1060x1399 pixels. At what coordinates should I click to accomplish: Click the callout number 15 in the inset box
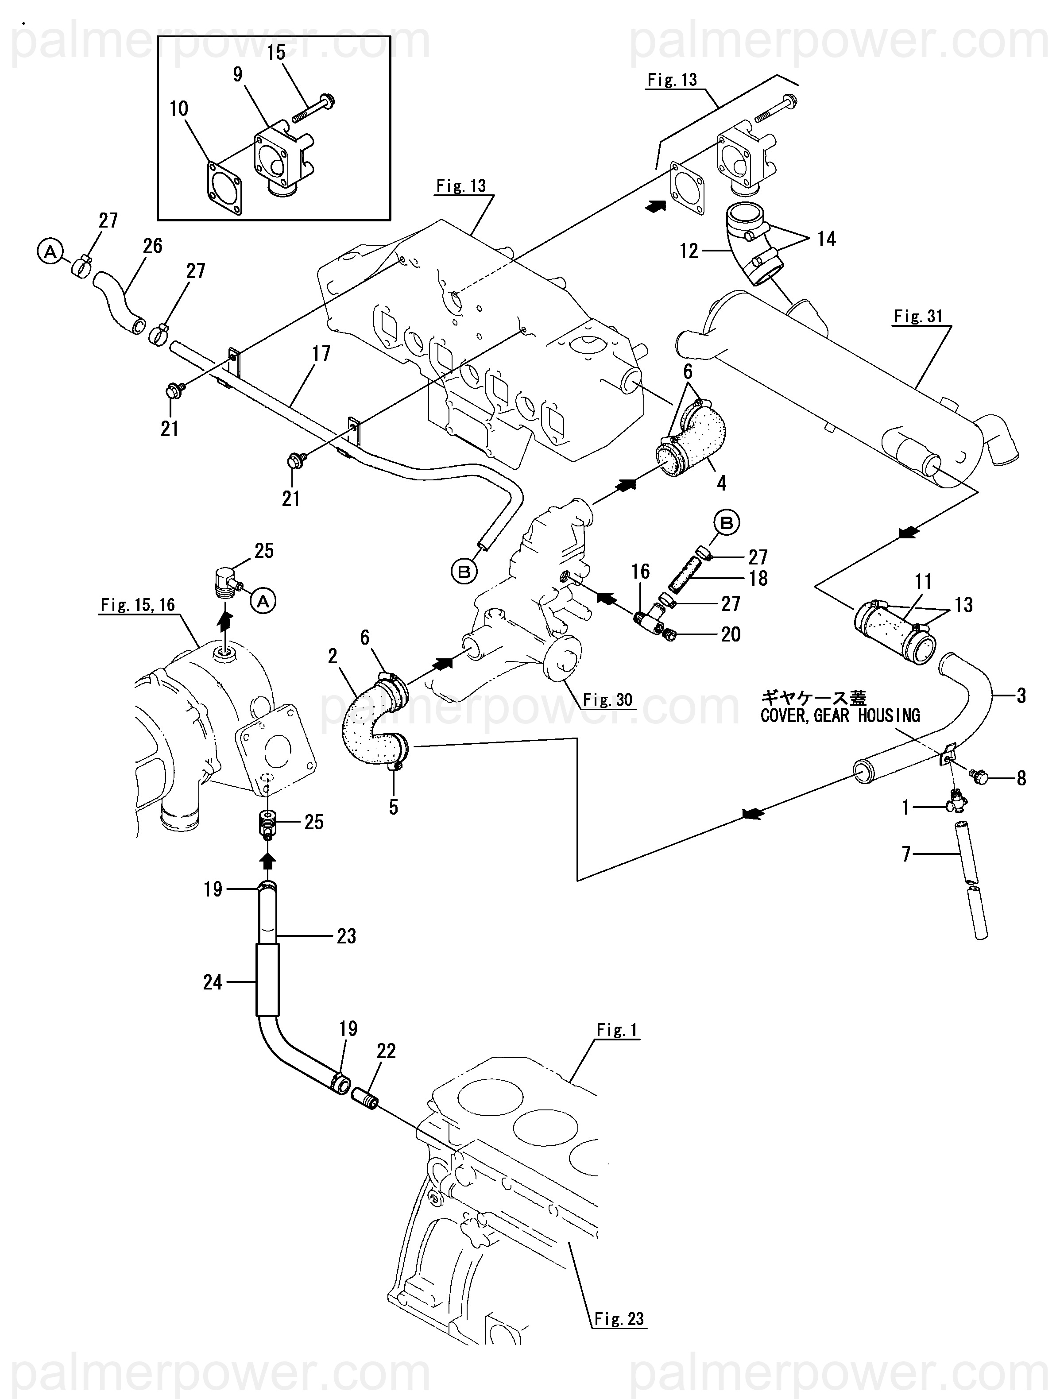pos(276,53)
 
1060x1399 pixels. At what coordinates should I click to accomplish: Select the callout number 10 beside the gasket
pos(179,109)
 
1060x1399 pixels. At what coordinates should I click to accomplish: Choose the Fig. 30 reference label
pos(607,699)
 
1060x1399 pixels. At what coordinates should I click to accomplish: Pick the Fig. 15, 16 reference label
pos(138,605)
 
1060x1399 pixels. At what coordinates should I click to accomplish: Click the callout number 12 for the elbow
pos(689,252)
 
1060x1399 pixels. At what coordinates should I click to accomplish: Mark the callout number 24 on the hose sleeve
pos(213,982)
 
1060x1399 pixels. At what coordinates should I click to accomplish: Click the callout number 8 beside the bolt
pos(1021,779)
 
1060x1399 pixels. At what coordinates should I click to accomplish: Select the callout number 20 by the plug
pos(731,634)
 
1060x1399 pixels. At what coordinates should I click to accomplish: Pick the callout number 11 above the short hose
pos(923,582)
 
